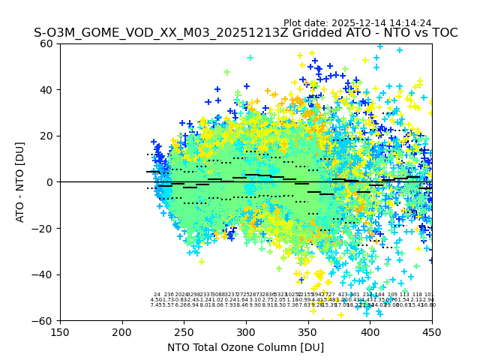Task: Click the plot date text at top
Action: [x=357, y=23]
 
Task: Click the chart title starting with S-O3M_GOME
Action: [x=245, y=33]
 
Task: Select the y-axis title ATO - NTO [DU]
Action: [x=21, y=182]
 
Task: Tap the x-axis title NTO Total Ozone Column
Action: [x=245, y=347]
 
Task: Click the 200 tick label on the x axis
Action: [x=122, y=331]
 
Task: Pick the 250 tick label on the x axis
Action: [x=184, y=331]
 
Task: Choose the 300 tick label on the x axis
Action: [x=246, y=331]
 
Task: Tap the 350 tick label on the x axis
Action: [x=307, y=331]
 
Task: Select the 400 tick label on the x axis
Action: [x=370, y=331]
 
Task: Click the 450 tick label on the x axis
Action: [x=431, y=331]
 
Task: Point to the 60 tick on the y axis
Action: [x=47, y=43]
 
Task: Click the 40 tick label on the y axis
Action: [x=47, y=90]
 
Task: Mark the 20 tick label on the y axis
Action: [x=47, y=136]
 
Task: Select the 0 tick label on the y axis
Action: [x=50, y=182]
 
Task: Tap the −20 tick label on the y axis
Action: [x=44, y=228]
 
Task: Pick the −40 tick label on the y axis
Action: [x=44, y=274]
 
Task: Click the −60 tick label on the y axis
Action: [x=44, y=320]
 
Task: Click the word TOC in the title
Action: [x=443, y=33]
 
